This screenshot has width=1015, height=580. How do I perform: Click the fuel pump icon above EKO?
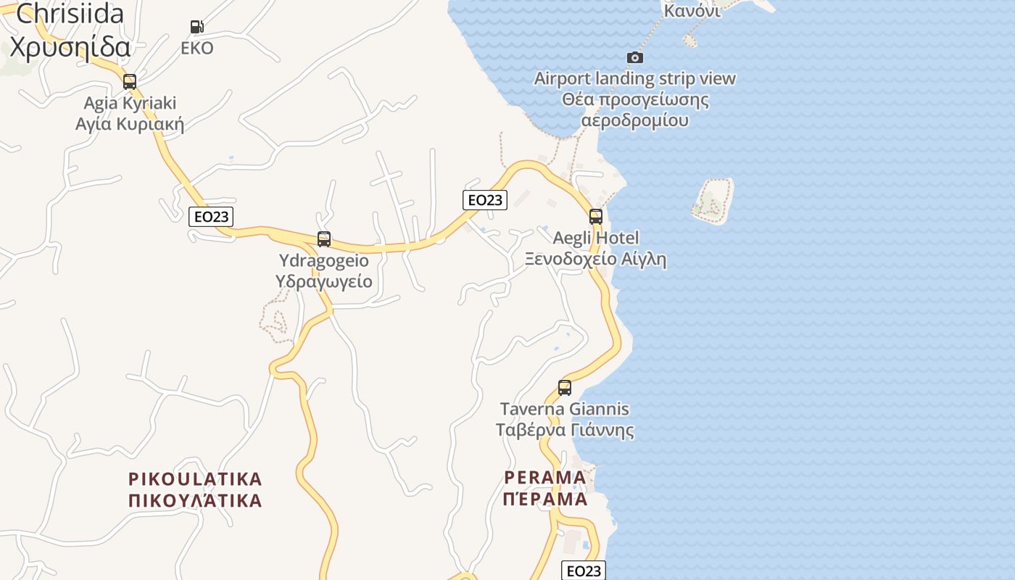(x=196, y=27)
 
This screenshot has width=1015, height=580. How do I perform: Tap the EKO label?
(x=197, y=49)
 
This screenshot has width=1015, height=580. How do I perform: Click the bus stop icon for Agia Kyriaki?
(x=130, y=81)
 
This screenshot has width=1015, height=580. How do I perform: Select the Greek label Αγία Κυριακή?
(x=130, y=124)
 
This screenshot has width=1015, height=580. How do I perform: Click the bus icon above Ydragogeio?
(x=324, y=239)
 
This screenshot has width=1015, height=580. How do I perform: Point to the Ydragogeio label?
(x=324, y=260)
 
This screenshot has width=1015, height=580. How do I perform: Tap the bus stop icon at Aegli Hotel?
(x=596, y=216)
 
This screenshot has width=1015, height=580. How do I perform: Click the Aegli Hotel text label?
(x=596, y=238)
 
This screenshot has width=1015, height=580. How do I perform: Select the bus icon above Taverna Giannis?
(x=565, y=387)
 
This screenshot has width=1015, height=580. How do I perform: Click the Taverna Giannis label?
(x=565, y=409)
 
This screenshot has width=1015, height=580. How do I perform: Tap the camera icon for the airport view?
(x=635, y=57)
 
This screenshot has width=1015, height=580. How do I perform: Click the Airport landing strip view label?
(x=635, y=78)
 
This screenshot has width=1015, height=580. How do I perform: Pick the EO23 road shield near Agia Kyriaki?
(x=211, y=216)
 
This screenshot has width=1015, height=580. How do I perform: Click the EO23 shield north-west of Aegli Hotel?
(x=485, y=200)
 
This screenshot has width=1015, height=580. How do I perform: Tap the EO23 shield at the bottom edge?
(x=584, y=571)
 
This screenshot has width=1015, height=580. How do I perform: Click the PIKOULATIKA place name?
(x=195, y=479)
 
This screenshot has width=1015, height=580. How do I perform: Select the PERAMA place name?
(x=545, y=478)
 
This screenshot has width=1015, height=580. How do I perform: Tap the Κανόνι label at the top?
(x=692, y=10)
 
